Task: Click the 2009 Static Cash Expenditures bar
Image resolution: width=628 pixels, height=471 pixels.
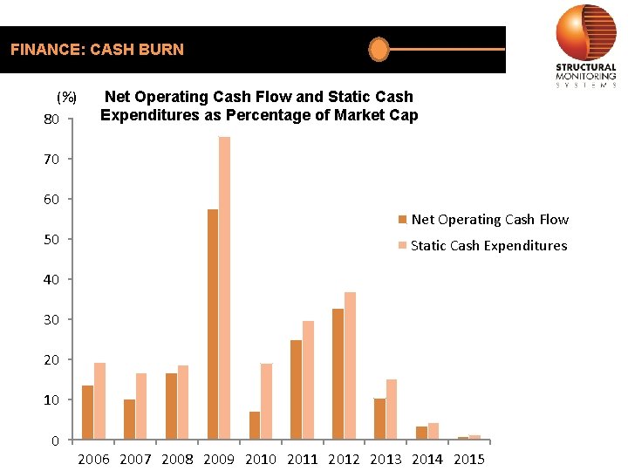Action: (224, 288)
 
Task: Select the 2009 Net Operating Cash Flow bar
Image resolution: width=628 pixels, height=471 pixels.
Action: (213, 324)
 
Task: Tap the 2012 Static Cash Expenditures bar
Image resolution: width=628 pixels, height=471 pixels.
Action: (350, 365)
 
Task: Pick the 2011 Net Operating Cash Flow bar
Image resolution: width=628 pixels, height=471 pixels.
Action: (296, 389)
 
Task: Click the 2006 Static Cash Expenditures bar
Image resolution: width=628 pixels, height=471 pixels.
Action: (99, 401)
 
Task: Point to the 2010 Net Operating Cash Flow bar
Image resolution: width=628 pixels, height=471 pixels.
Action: (255, 425)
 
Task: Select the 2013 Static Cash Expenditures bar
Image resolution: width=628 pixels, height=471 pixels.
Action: (392, 409)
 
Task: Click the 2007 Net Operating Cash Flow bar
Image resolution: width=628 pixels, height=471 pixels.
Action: (129, 419)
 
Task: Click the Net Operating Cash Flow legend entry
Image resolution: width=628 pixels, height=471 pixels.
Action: (482, 220)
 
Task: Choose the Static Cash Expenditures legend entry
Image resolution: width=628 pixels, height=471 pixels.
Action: (481, 246)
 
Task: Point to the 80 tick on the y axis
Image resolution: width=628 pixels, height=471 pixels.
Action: (51, 119)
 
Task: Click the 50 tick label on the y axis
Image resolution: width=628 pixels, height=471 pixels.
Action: (51, 239)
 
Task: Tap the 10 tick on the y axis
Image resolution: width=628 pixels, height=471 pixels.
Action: (51, 399)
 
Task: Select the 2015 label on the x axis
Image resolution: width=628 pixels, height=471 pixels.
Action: (469, 459)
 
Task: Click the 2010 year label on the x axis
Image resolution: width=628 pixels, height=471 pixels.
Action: (261, 459)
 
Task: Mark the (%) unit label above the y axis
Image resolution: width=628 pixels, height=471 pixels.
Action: (67, 97)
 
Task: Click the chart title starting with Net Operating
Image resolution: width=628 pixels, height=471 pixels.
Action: (259, 106)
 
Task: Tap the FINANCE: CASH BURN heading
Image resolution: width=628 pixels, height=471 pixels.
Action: (97, 50)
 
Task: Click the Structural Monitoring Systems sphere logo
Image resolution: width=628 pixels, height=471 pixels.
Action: (585, 32)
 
